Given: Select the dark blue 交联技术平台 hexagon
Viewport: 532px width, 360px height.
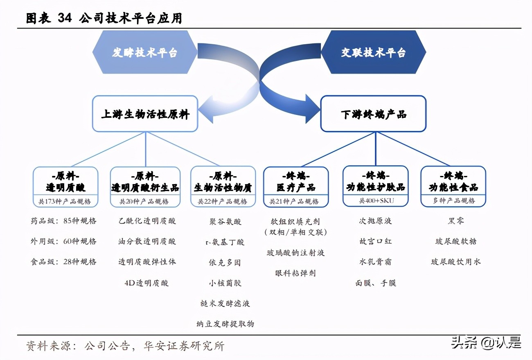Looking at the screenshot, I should [373, 52].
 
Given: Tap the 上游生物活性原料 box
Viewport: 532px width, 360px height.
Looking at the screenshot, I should [145, 114].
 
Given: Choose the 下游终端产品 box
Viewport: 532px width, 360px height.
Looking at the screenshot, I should [373, 114].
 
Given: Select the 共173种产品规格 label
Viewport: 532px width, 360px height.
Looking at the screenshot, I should [65, 202].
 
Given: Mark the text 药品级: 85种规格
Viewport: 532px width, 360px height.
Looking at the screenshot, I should [63, 221].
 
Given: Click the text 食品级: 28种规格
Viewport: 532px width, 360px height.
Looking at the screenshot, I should [63, 262].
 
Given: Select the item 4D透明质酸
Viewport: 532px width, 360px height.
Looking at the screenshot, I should [147, 283].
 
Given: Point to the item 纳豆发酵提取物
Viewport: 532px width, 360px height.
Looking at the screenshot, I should [225, 324].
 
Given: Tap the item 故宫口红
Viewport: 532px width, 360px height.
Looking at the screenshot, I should [375, 241].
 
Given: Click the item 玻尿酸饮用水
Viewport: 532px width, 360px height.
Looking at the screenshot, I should [455, 261].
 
